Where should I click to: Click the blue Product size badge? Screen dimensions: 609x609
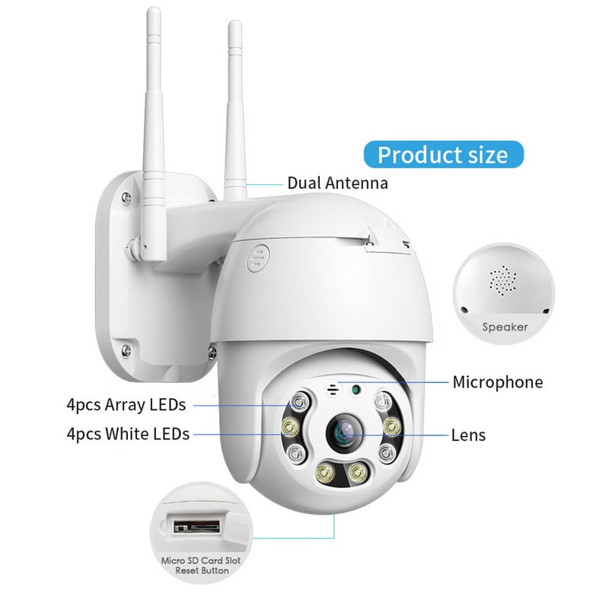point(442,155)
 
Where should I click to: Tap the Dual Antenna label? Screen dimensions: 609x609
point(337,183)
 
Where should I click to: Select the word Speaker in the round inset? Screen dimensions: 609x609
point(505,327)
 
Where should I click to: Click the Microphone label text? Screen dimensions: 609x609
point(498,382)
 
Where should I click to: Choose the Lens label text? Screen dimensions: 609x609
point(467,435)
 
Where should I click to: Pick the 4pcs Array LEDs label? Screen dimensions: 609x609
point(126,404)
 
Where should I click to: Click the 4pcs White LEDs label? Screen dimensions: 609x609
point(128,435)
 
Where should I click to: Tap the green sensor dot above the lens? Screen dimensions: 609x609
point(356,391)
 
